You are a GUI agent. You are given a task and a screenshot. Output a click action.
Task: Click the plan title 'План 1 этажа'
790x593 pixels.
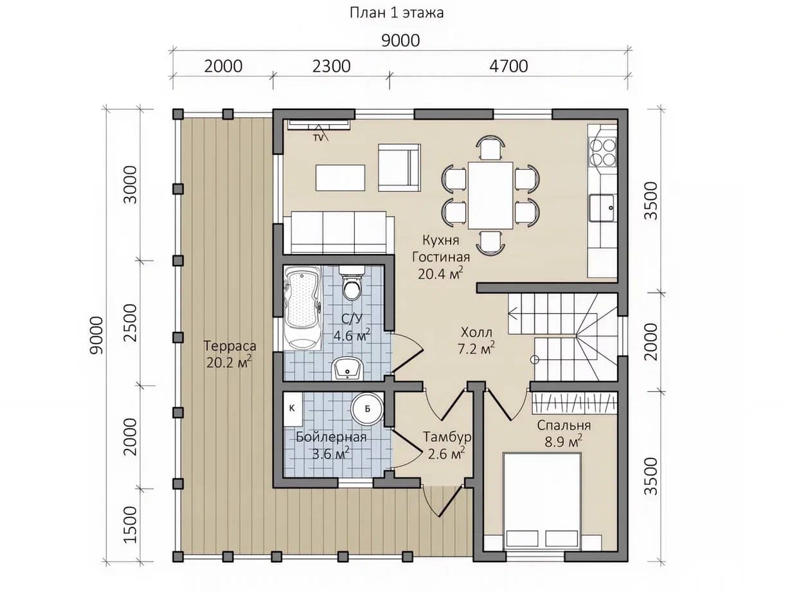397,13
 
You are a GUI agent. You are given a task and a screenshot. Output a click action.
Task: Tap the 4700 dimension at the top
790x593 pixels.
508,66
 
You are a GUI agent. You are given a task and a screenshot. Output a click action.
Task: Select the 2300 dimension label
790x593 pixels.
331,66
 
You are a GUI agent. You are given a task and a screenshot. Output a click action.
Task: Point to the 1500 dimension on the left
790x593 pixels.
130,525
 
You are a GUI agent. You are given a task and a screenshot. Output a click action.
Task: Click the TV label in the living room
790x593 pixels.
319,138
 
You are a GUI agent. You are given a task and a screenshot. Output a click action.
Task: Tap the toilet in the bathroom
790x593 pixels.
351,284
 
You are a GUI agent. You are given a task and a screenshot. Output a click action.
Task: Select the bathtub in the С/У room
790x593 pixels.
303,308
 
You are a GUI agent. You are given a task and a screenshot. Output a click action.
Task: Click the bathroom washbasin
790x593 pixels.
348,369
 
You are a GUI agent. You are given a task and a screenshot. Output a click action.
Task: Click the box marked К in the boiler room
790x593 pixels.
292,409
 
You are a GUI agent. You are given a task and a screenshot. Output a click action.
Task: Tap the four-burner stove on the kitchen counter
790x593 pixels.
602,152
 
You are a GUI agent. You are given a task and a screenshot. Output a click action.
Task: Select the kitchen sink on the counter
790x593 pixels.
602,208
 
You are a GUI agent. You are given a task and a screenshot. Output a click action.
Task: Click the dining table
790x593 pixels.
490,196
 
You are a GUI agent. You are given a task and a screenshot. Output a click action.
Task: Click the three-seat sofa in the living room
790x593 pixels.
339,233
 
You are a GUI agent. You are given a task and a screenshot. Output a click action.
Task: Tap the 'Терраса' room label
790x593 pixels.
230,346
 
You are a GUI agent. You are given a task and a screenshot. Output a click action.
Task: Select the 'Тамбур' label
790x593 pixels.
447,437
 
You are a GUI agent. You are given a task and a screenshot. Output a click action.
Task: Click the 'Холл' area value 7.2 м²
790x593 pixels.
476,348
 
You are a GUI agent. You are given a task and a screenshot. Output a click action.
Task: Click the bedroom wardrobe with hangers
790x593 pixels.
575,403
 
